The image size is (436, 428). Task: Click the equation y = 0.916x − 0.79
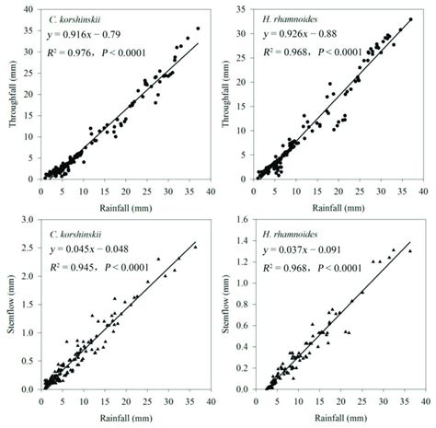[88, 35]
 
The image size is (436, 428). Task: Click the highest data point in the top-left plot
[198, 29]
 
